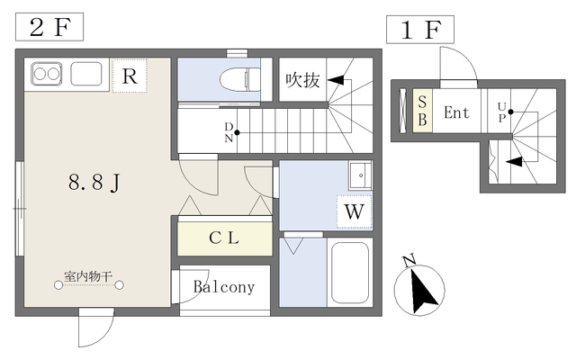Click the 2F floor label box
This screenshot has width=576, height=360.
(49, 27)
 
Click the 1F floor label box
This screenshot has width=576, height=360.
(420, 31)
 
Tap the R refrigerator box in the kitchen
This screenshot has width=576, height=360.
(130, 76)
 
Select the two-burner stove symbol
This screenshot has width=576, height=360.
(46, 73)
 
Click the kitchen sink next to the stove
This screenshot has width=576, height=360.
(86, 73)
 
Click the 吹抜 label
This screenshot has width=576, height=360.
(302, 80)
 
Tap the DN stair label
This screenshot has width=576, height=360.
(229, 132)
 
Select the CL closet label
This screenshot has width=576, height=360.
(224, 238)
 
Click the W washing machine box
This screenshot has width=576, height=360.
(353, 212)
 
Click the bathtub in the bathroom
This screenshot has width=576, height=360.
(350, 273)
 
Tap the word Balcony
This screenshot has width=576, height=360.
(224, 288)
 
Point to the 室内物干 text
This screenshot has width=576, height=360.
(88, 276)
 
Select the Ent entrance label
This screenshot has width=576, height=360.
(456, 113)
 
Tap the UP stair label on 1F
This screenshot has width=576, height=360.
(501, 112)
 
